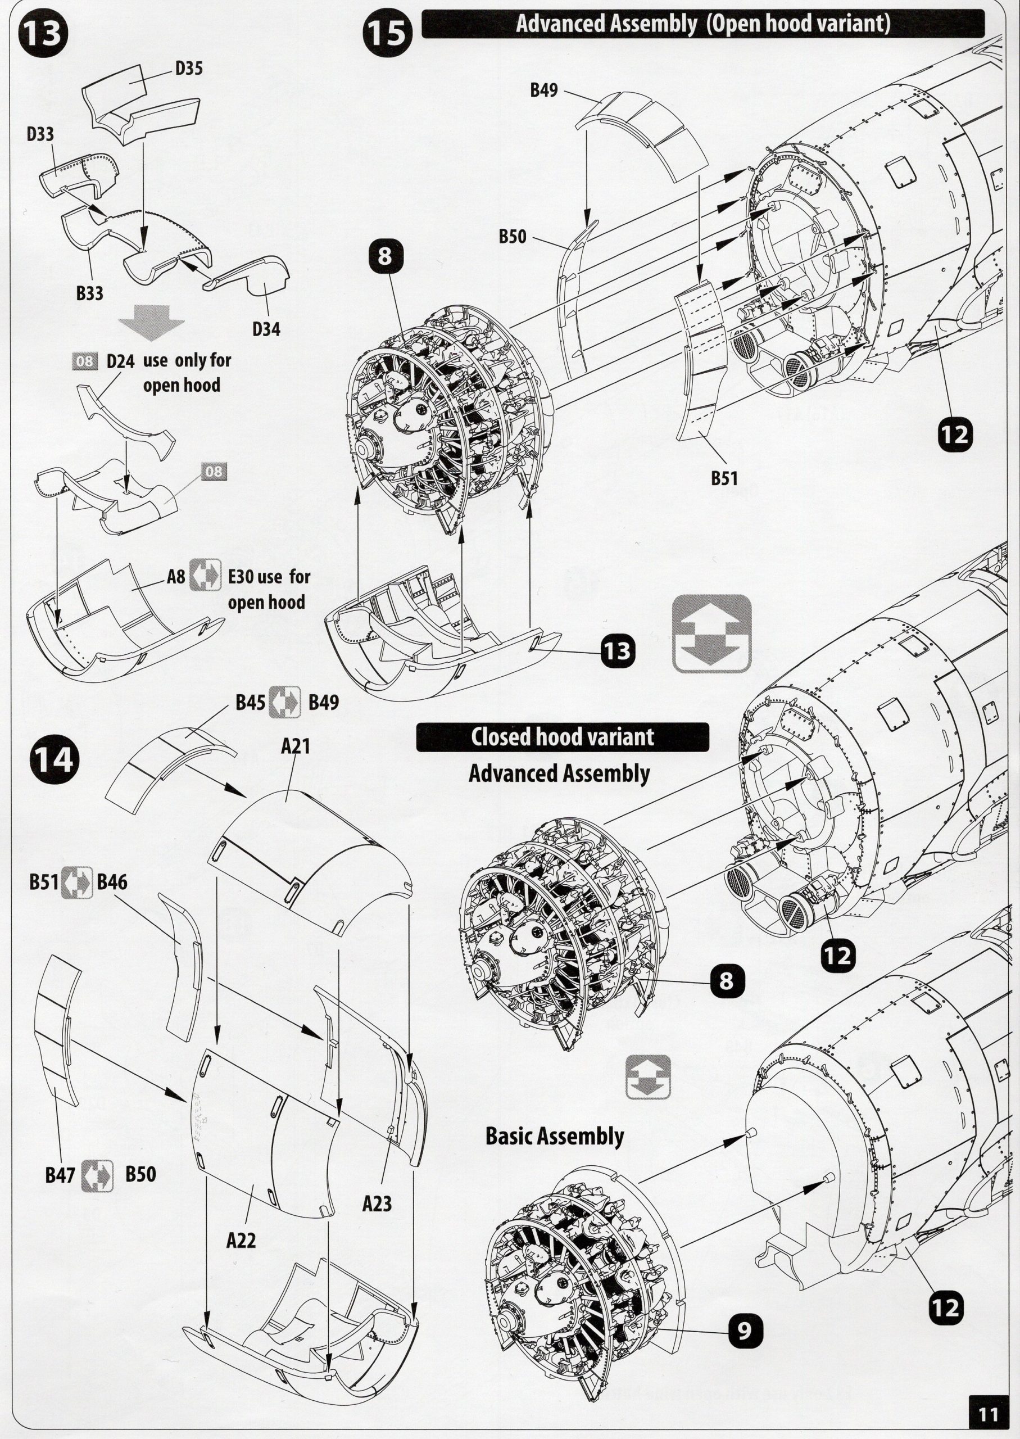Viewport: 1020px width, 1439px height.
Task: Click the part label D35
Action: pyautogui.click(x=188, y=69)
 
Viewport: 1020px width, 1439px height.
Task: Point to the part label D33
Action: pyautogui.click(x=40, y=134)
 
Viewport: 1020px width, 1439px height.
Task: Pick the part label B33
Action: pyautogui.click(x=90, y=293)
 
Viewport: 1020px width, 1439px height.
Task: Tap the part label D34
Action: pyautogui.click(x=266, y=328)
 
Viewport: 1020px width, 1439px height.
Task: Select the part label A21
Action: pyautogui.click(x=296, y=746)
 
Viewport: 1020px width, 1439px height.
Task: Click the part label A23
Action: pyautogui.click(x=377, y=1203)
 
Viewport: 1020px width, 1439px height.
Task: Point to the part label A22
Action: pyautogui.click(x=241, y=1241)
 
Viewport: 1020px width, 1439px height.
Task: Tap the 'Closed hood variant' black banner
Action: pyautogui.click(x=562, y=737)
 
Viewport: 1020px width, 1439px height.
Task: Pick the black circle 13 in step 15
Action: pyautogui.click(x=619, y=651)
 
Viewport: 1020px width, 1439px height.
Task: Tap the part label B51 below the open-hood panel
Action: pyautogui.click(x=724, y=478)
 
